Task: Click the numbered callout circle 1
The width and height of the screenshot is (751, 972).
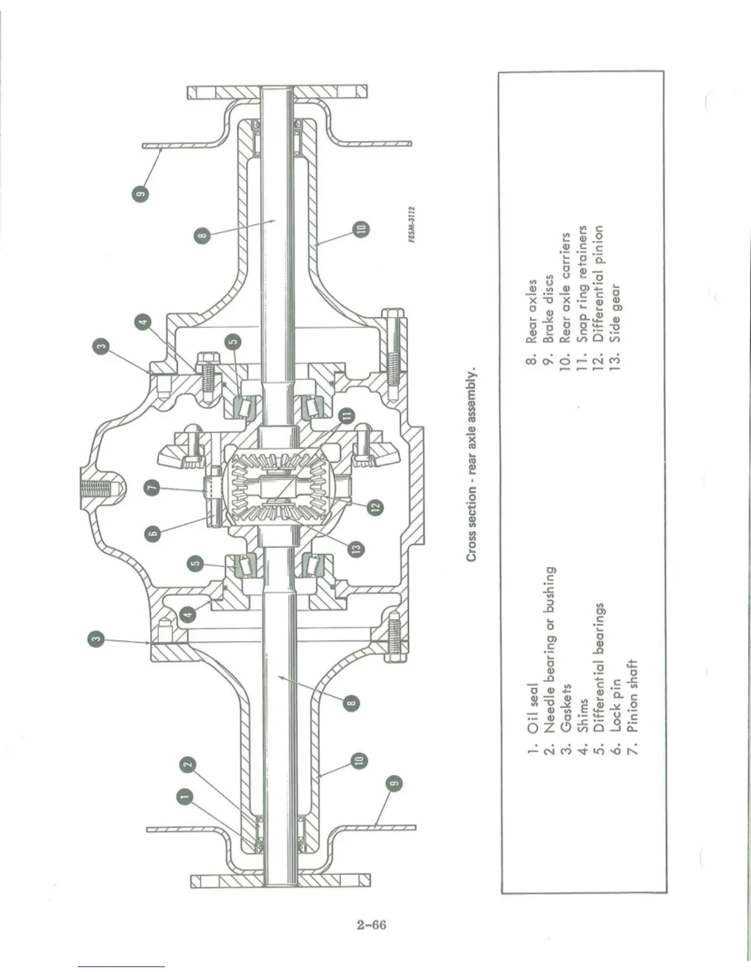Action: pos(183,796)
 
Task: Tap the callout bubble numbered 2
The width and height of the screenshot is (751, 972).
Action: pos(189,764)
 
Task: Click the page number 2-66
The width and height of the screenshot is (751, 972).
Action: pos(372,924)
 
